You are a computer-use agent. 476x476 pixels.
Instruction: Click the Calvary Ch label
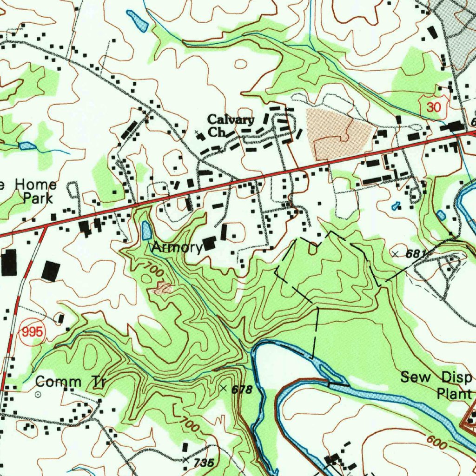click(230, 126)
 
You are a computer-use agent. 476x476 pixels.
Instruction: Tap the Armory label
click(177, 247)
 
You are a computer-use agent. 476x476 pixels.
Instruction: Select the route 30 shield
click(434, 107)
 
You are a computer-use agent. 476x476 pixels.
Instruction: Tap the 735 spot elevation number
click(204, 463)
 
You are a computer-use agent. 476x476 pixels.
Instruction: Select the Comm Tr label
click(71, 383)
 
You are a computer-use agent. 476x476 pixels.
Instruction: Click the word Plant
click(455, 394)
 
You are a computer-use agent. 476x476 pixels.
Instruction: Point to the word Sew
click(416, 377)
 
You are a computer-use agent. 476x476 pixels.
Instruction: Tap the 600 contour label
click(436, 442)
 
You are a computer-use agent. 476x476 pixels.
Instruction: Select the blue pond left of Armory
click(146, 230)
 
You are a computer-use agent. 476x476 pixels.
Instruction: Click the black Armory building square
click(209, 243)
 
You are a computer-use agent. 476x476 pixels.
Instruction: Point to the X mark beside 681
click(395, 254)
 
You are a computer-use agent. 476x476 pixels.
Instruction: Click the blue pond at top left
click(138, 21)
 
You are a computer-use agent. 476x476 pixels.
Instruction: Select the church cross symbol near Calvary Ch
click(198, 134)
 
